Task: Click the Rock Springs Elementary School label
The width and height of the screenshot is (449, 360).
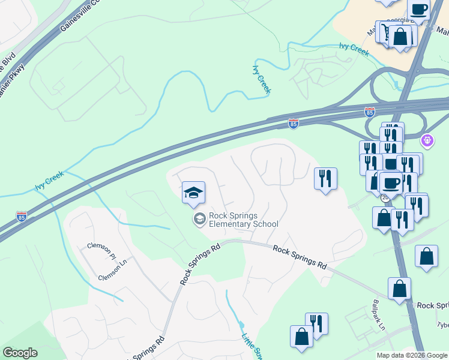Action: pos(244,220)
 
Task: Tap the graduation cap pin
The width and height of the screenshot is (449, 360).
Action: pos(193,193)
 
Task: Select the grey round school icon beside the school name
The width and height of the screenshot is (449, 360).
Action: pos(199,220)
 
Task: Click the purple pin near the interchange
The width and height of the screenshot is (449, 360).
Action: pos(427,141)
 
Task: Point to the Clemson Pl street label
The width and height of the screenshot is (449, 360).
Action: pos(100,251)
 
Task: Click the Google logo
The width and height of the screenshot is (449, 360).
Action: pos(20,353)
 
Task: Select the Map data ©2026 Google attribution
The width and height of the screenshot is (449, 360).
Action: pos(412,355)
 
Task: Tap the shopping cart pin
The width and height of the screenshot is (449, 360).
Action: pos(384,31)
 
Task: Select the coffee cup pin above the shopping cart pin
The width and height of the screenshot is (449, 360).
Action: pos(418,10)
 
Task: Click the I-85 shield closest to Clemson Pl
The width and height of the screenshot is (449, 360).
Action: pos(22,216)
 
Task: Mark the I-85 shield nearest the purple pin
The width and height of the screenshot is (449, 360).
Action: pos(370,112)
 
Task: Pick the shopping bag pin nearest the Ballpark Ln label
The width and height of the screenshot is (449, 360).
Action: pos(399,290)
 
